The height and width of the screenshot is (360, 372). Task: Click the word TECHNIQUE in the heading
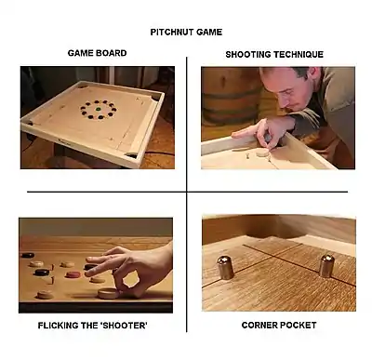299,55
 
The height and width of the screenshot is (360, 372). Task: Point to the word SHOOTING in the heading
248,55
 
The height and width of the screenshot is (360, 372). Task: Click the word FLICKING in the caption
59,326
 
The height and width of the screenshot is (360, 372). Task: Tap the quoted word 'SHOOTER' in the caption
124,326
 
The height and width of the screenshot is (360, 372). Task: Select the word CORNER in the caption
259,326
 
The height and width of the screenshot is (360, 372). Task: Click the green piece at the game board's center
99,109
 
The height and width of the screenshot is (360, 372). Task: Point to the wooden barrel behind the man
231,95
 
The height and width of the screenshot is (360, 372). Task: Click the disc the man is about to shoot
262,152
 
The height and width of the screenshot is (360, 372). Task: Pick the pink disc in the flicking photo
73,274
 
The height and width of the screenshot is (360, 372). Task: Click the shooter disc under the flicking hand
109,293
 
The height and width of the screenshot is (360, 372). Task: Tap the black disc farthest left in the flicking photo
27,256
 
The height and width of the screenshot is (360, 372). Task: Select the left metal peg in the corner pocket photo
225,267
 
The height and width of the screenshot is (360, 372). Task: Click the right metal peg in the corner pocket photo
326,265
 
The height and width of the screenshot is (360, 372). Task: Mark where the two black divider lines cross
187,192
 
